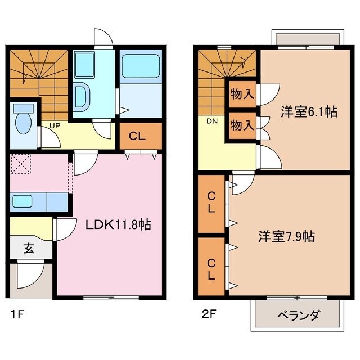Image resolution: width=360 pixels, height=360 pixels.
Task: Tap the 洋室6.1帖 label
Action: click(x=309, y=111)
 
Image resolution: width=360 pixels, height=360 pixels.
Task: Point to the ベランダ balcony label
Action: click(x=298, y=315)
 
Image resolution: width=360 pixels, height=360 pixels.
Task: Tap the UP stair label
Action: click(x=55, y=125)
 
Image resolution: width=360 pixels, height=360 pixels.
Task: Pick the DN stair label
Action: click(x=212, y=121)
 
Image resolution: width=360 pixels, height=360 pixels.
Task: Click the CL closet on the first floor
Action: click(x=140, y=135)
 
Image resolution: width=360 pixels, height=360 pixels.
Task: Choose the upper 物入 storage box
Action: click(x=242, y=94)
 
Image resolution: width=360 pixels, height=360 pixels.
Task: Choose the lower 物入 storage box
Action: click(x=242, y=125)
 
